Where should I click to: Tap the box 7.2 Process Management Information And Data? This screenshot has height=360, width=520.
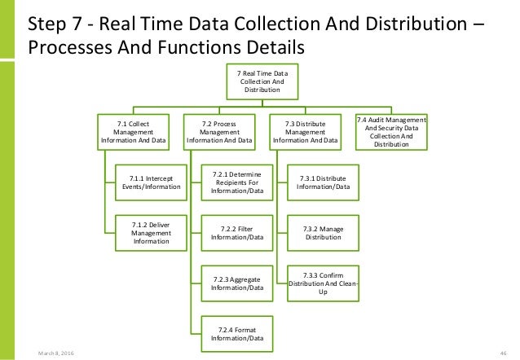pos(221,132)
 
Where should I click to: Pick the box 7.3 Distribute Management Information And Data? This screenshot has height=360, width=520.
pos(306,132)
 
